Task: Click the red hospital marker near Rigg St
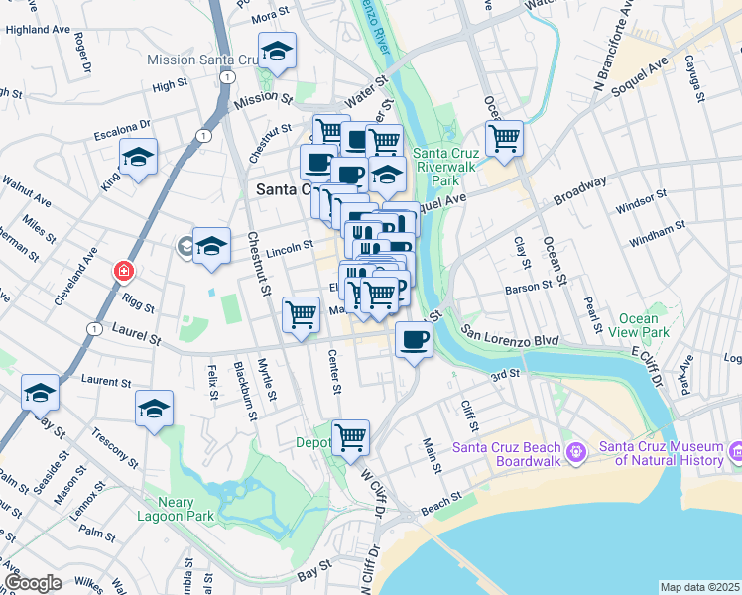(124, 271)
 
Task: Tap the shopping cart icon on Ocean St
(504, 138)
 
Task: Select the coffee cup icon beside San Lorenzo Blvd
(413, 340)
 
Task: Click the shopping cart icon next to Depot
(350, 437)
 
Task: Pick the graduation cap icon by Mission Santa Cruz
(277, 51)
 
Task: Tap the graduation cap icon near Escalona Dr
(139, 157)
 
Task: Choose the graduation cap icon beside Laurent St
(40, 393)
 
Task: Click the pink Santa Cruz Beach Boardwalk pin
(576, 453)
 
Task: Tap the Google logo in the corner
(33, 582)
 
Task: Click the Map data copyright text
(699, 587)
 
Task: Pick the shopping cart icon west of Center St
(301, 315)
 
